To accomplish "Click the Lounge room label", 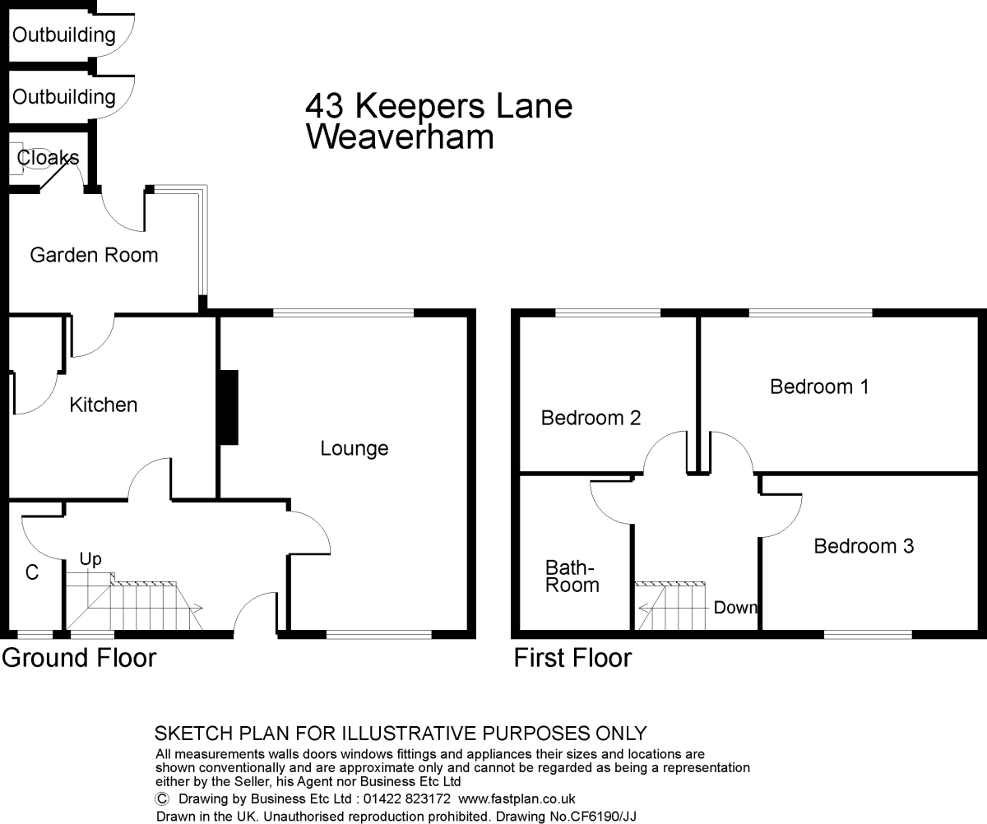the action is click(x=354, y=448).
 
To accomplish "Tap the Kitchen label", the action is click(x=103, y=405).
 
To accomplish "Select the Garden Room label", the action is click(x=94, y=255).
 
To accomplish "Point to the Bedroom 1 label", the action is click(x=819, y=387).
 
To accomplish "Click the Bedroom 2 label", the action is click(x=591, y=419).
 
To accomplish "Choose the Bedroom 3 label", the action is click(x=864, y=546).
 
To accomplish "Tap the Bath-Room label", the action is click(x=572, y=576).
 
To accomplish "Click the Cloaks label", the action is click(x=49, y=157).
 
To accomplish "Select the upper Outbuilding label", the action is click(x=63, y=35).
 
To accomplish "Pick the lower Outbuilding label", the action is click(x=63, y=96).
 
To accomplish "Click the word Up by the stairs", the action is click(x=90, y=559).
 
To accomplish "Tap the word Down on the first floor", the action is click(x=734, y=608).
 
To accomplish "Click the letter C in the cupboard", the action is click(x=32, y=573).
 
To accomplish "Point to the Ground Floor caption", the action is click(x=79, y=658).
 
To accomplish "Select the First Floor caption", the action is click(x=573, y=658).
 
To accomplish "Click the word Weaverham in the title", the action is click(x=400, y=137).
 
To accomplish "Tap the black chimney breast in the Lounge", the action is click(x=228, y=408).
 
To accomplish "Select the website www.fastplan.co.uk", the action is click(x=517, y=799).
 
